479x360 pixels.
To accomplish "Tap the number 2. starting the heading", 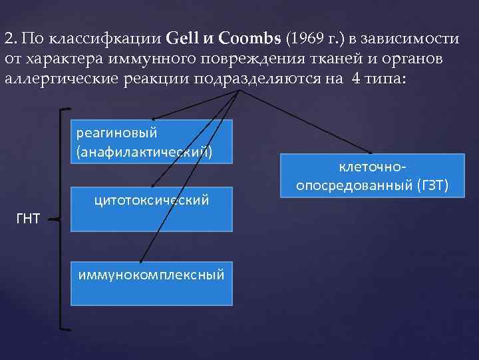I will (10, 38).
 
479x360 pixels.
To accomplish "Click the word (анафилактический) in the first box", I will (144, 152).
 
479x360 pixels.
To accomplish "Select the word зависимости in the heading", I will (418, 38).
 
